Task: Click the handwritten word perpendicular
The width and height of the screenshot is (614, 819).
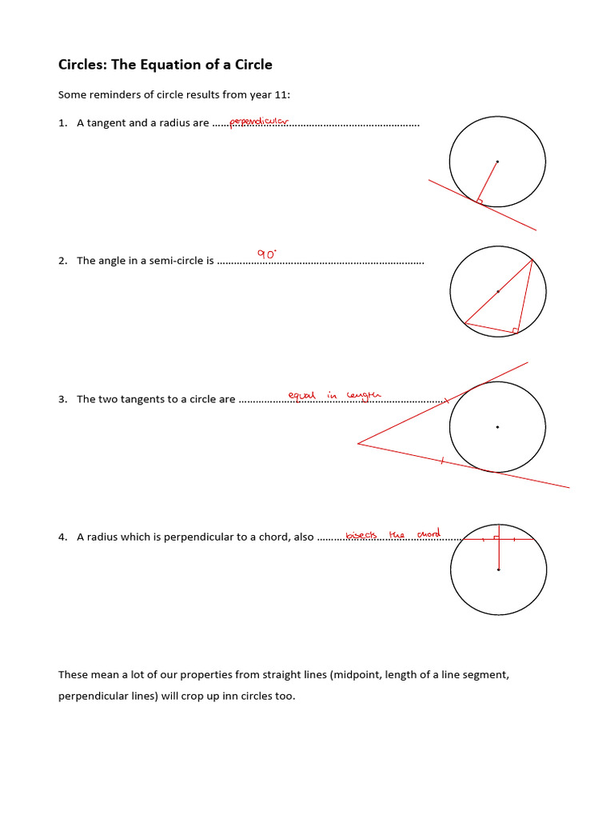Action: pos(258,122)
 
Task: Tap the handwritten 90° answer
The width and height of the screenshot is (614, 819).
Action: pos(266,254)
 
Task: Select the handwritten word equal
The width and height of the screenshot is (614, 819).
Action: pos(302,395)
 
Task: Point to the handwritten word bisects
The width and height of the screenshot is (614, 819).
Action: pos(362,534)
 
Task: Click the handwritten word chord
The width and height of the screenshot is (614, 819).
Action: pos(429,533)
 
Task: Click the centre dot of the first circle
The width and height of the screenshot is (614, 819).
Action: pos(497,162)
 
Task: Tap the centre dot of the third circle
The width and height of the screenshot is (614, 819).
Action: pos(497,427)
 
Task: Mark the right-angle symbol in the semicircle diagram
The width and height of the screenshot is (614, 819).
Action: pos(516,330)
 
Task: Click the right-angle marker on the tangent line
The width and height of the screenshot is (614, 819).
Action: pos(480,200)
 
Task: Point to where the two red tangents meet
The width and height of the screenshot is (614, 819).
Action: pos(358,443)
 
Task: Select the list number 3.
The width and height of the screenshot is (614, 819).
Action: pos(62,399)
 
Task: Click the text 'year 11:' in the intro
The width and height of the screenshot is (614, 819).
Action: pos(270,95)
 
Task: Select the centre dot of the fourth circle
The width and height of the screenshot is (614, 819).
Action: pos(498,569)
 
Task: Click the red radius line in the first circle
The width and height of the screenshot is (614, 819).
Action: pos(488,180)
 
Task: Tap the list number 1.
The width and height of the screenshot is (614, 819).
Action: pos(62,123)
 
